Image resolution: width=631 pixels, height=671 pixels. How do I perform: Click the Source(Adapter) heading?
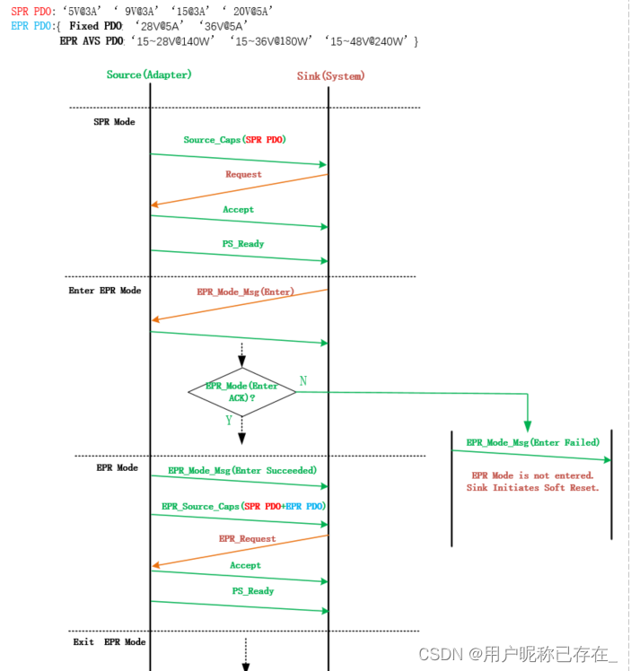(149, 74)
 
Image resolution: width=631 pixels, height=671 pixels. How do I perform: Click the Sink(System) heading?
(330, 76)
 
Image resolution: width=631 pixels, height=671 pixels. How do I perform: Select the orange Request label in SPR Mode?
(243, 175)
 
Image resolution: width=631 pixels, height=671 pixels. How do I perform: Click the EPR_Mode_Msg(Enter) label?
(245, 292)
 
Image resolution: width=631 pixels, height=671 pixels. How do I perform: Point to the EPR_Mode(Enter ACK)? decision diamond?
(241, 391)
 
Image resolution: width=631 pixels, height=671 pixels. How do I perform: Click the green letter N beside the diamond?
(302, 381)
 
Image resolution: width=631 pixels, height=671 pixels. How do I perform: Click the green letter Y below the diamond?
(229, 420)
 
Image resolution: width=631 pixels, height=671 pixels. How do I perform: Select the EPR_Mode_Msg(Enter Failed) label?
(532, 442)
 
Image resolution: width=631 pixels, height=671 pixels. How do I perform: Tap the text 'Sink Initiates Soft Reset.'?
(532, 487)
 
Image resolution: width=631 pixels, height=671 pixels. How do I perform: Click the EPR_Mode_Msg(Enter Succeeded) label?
(242, 470)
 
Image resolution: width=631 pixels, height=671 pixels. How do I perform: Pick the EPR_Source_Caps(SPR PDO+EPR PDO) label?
(243, 506)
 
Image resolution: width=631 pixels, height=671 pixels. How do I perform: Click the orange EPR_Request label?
(247, 539)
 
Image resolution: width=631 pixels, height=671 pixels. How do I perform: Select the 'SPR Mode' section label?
(114, 122)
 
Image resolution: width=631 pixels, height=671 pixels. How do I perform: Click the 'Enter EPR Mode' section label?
(104, 291)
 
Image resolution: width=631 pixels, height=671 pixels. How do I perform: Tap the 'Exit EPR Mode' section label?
(109, 642)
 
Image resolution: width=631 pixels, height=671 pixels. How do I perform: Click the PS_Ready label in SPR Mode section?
(243, 244)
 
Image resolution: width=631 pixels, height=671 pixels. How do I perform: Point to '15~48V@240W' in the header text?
(369, 41)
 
